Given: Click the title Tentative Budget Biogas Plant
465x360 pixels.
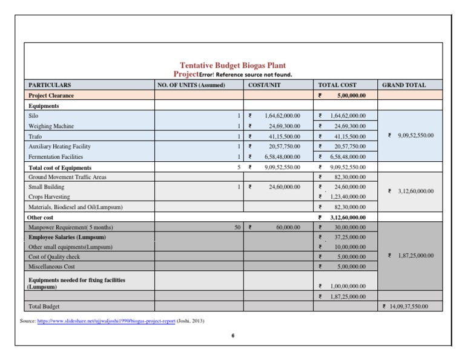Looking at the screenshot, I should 232,65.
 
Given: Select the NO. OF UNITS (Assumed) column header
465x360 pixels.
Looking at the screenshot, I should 191,85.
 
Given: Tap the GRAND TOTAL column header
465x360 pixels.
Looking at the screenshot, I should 404,85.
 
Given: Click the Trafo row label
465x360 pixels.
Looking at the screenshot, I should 35,136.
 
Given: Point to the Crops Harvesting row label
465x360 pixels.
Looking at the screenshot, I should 49,197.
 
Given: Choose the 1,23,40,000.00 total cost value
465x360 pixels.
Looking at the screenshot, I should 346,197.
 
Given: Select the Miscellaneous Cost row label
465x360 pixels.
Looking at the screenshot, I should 52,266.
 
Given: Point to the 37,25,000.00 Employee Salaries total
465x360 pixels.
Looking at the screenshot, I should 346,237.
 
